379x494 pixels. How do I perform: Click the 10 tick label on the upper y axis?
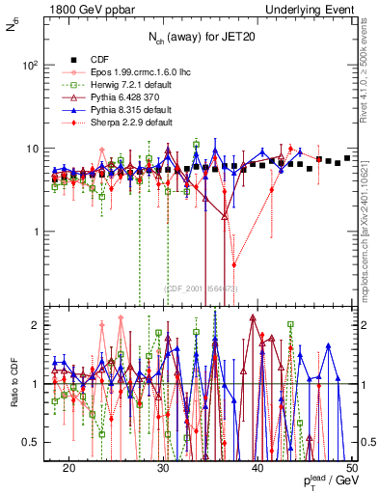[x=35, y=149]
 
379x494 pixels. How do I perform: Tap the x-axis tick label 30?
[x=163, y=467]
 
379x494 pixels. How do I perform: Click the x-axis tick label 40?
[x=257, y=467]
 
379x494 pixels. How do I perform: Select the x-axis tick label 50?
[x=351, y=467]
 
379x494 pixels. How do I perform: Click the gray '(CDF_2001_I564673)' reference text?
[x=199, y=288]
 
